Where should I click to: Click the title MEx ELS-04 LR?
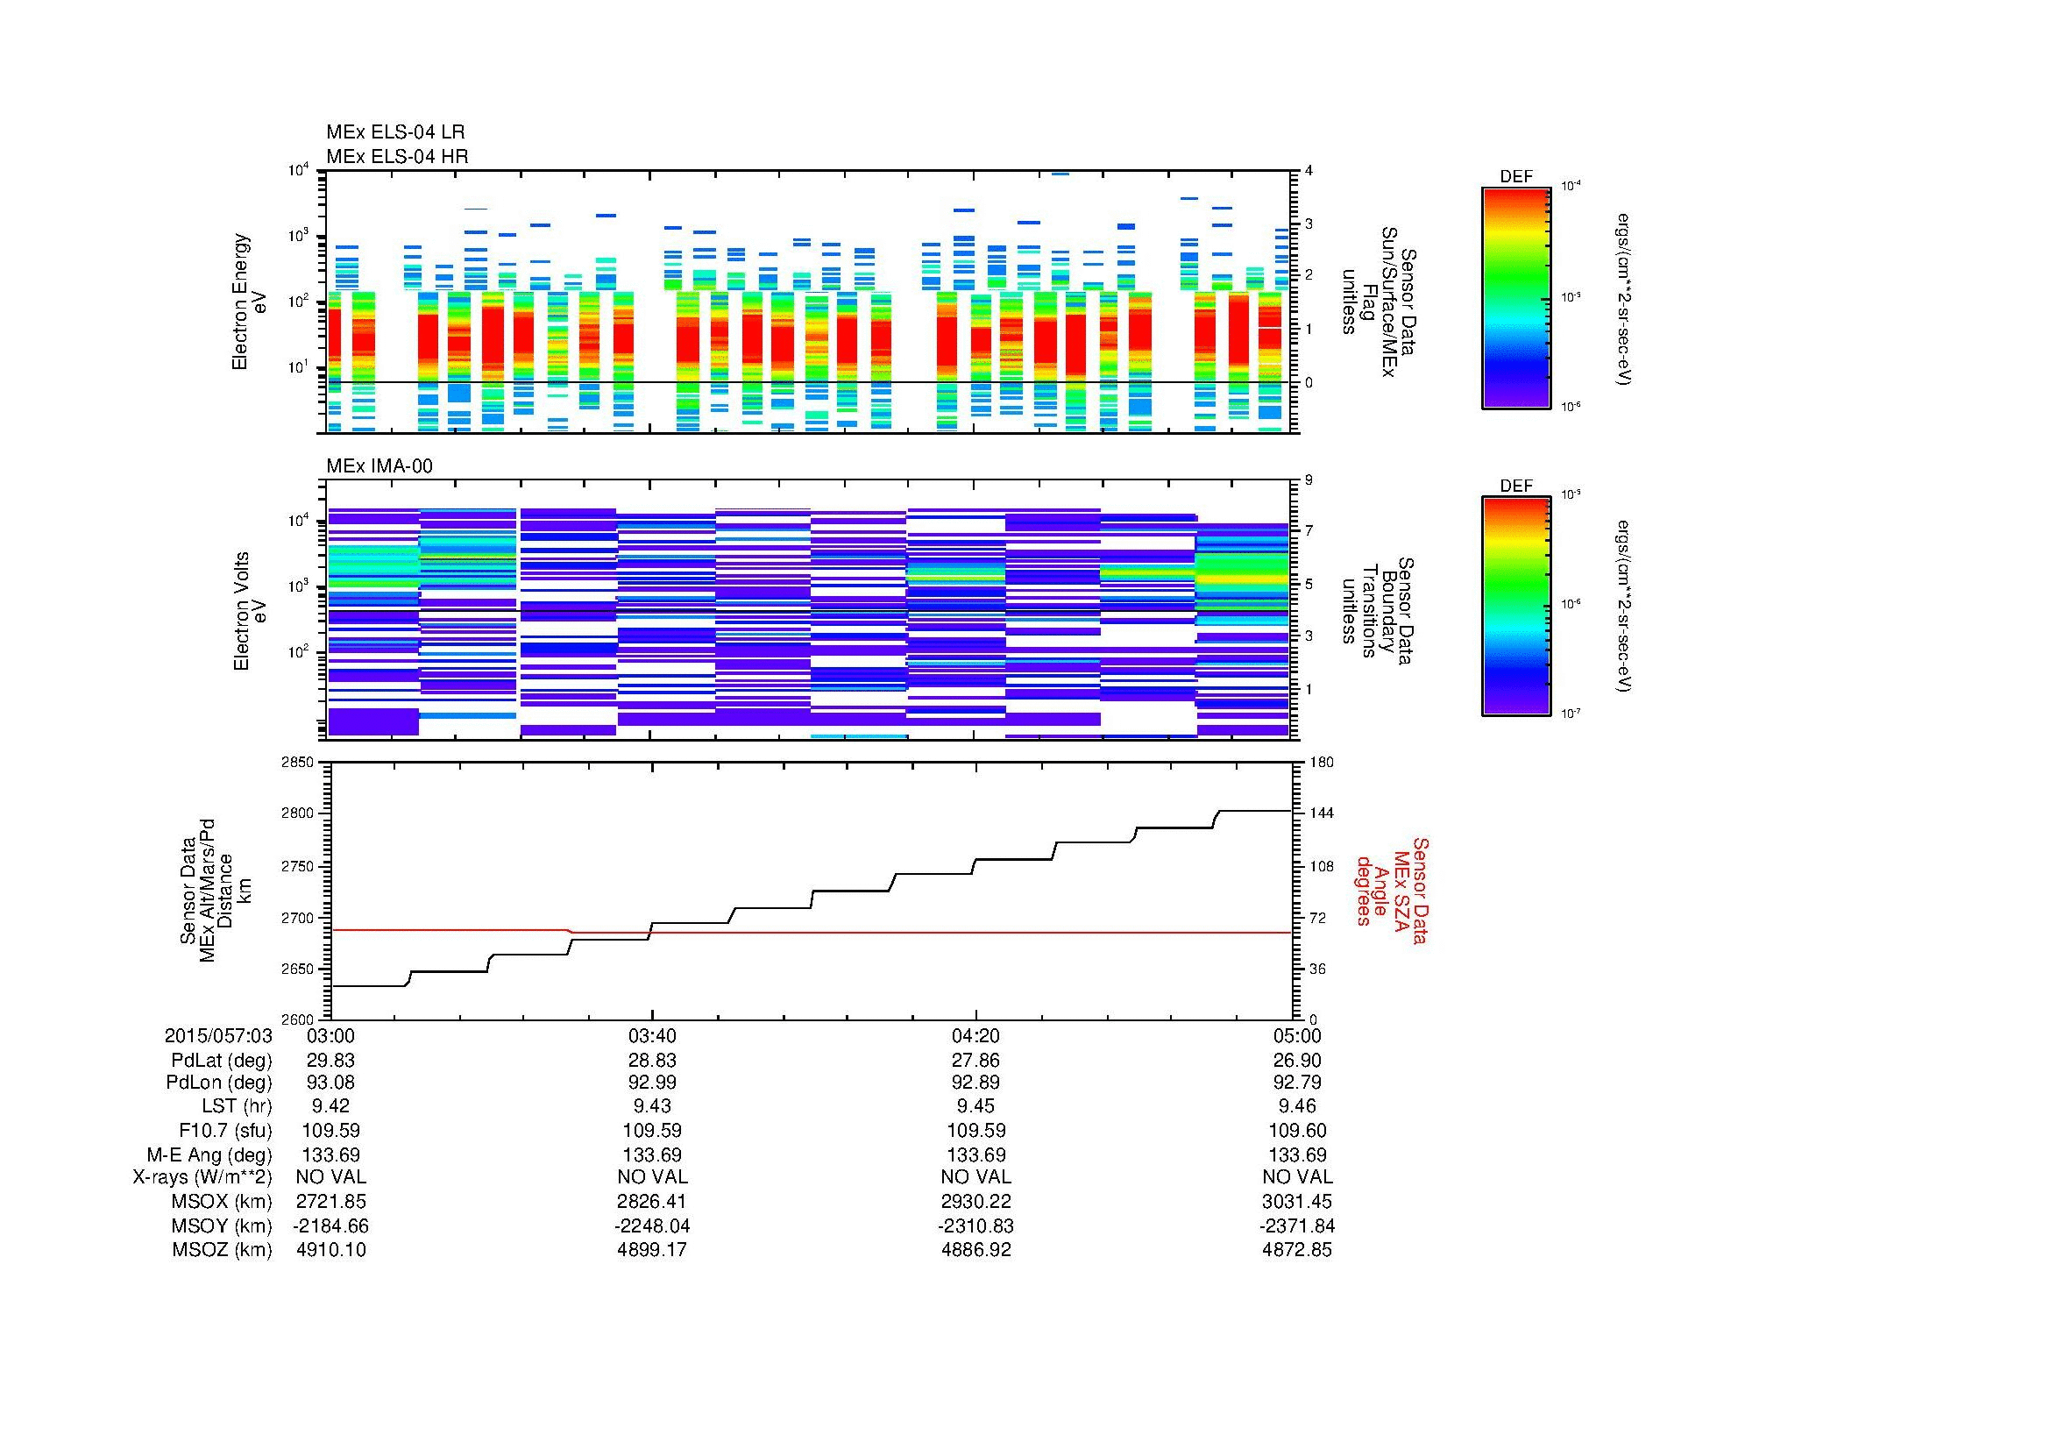tap(394, 132)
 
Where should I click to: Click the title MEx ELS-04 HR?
tap(396, 156)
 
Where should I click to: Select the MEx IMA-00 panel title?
tap(379, 466)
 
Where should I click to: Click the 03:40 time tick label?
tap(652, 1035)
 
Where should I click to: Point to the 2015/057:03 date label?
tap(218, 1035)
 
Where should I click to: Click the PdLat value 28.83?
tap(652, 1060)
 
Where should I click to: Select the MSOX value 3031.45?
tap(1296, 1202)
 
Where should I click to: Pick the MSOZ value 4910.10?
tap(330, 1250)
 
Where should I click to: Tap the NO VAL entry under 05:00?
tap(1296, 1177)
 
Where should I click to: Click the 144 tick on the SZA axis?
tap(1321, 813)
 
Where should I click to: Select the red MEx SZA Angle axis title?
tap(1391, 890)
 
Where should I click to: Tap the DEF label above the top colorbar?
tap(1515, 177)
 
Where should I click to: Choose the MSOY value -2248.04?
tap(652, 1225)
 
